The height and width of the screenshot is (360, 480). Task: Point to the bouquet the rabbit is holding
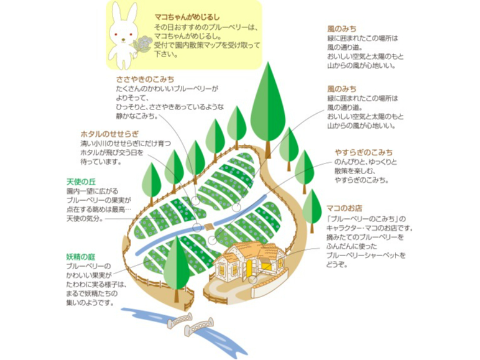coord(145,43)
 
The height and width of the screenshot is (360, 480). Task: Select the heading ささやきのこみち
coord(145,80)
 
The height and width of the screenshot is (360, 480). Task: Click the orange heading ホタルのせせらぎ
coord(109,134)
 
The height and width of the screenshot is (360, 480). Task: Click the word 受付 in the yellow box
coord(162,46)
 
